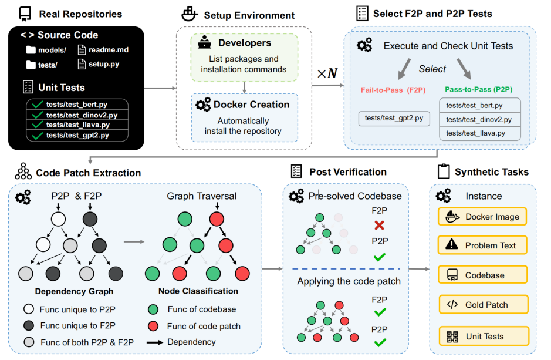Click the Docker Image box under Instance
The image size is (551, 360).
[482, 216]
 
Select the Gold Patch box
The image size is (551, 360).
[482, 305]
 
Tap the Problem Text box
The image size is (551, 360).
[482, 245]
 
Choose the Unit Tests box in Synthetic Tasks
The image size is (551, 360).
[482, 336]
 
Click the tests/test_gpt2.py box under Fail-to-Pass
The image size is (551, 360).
[394, 119]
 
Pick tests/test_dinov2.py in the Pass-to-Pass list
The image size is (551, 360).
[479, 119]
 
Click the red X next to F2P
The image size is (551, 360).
[379, 224]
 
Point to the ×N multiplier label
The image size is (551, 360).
[327, 73]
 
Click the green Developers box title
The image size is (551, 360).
[245, 43]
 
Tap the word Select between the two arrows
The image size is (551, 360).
[432, 69]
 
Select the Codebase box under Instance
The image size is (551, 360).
[482, 275]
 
